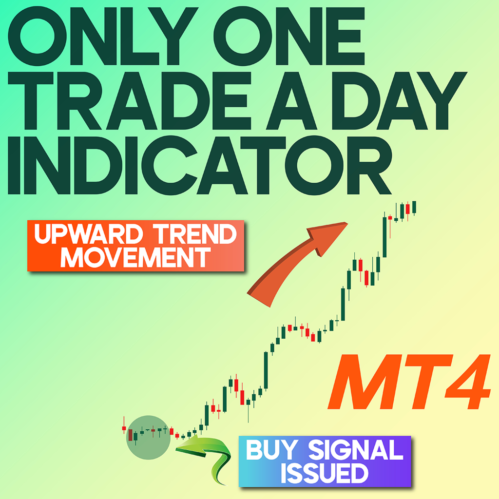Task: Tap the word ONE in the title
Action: tap(289, 36)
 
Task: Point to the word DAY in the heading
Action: tap(400, 101)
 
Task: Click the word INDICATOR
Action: tap(199, 166)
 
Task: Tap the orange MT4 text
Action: tap(409, 382)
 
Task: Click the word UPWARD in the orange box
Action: tap(89, 234)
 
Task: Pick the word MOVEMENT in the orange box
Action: tap(135, 257)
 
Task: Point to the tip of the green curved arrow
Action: tap(176, 449)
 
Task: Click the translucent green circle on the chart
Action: tap(148, 437)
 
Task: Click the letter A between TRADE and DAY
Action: tap(291, 101)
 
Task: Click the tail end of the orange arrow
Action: tap(258, 299)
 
